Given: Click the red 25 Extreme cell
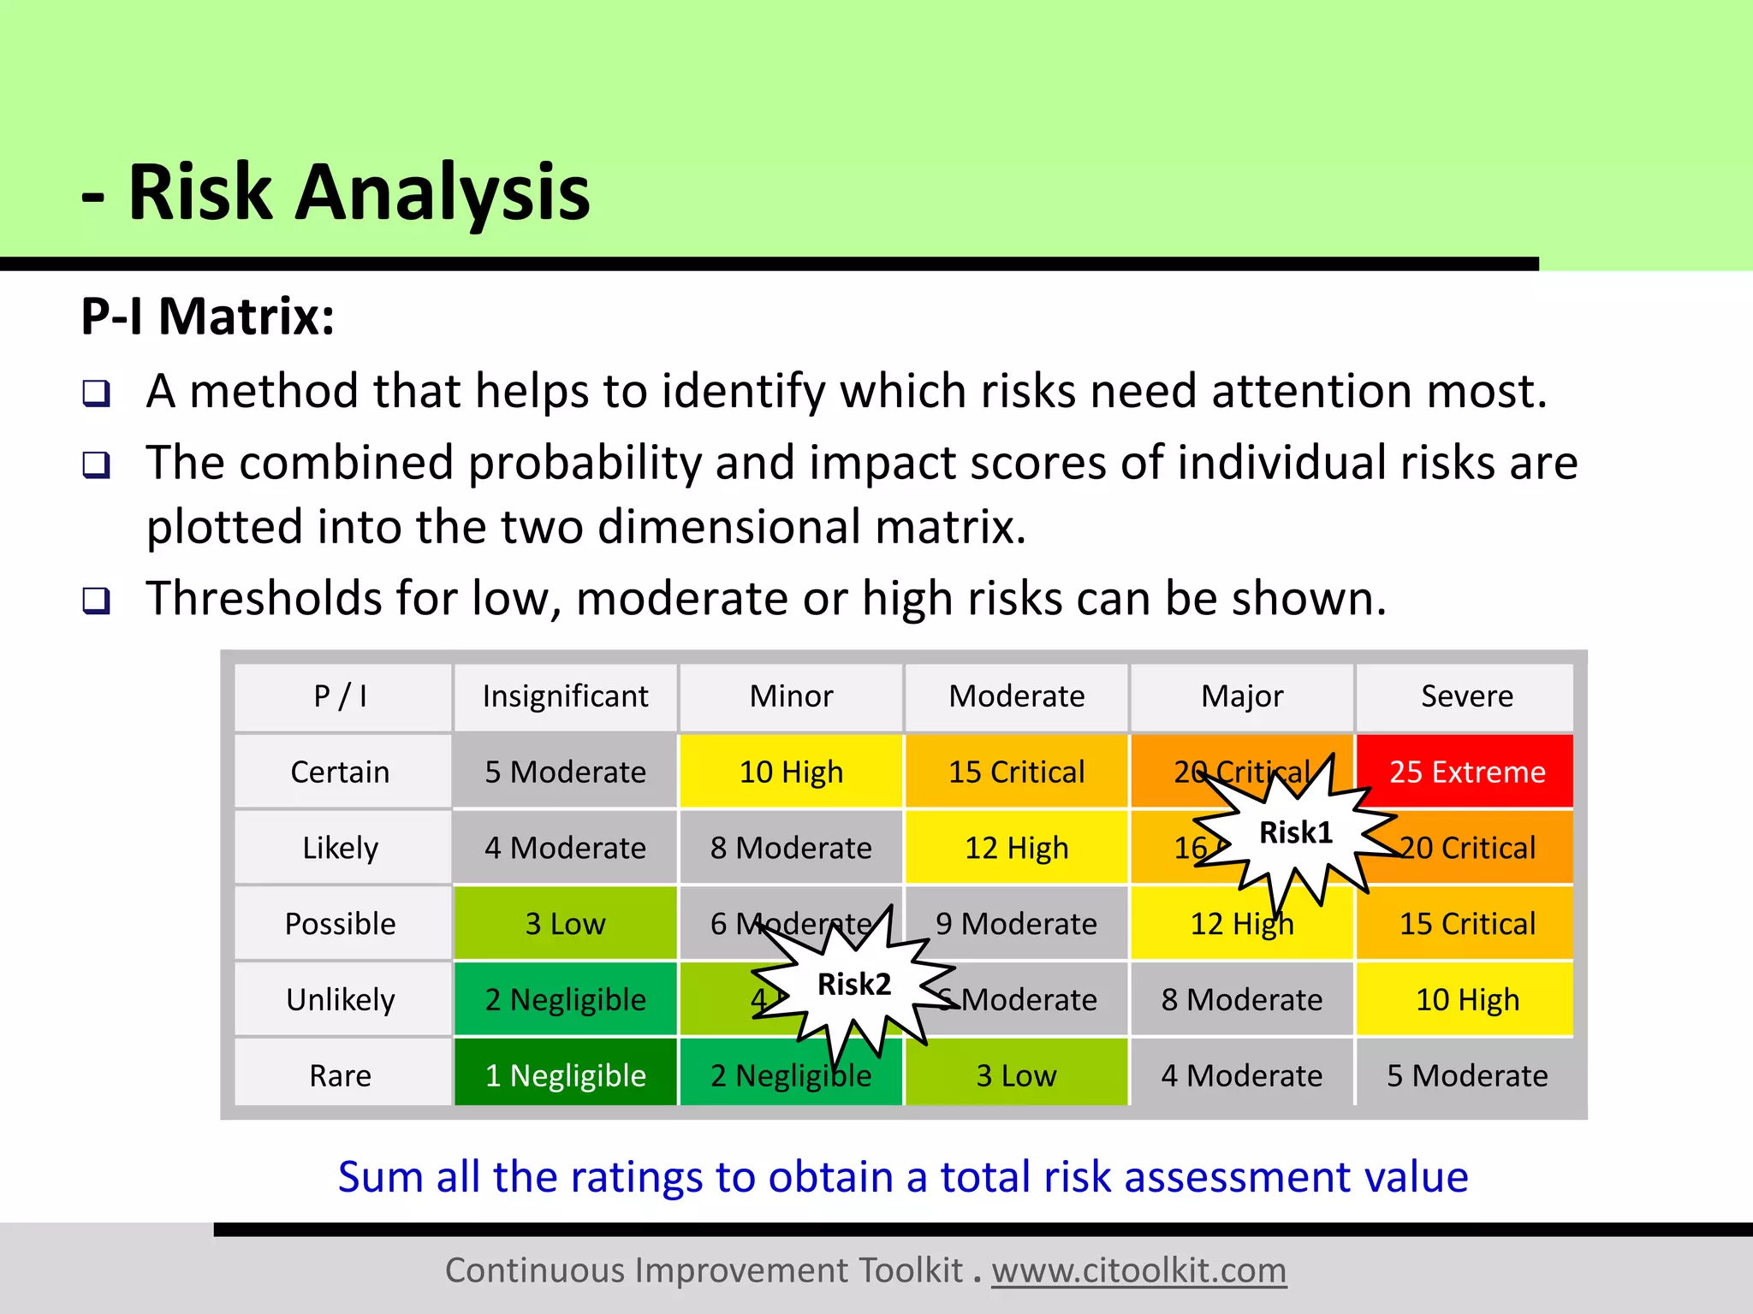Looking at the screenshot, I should [x=1466, y=772].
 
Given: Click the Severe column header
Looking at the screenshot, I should [x=1466, y=696].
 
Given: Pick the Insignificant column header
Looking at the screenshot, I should [x=565, y=696].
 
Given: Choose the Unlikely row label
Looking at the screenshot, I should [x=341, y=999].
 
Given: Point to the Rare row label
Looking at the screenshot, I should [x=341, y=1075].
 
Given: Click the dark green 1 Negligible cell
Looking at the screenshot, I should [x=565, y=1075].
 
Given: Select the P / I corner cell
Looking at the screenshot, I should [x=341, y=696].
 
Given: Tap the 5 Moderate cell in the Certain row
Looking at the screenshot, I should [x=565, y=772].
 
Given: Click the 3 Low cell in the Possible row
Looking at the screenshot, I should [x=565, y=924].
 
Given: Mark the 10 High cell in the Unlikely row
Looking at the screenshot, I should [x=1466, y=999].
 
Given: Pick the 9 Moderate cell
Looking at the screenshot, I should [x=1017, y=924].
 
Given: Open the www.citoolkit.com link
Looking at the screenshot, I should [x=1138, y=1270].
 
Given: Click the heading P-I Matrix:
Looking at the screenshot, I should [x=208, y=317].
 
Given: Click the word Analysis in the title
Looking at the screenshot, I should [x=443, y=193].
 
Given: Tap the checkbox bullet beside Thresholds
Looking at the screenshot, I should [x=97, y=601].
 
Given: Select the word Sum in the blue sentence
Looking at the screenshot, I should [x=380, y=1176].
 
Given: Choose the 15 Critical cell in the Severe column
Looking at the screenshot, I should [x=1466, y=924].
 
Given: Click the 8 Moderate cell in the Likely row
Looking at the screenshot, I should [x=791, y=848].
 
